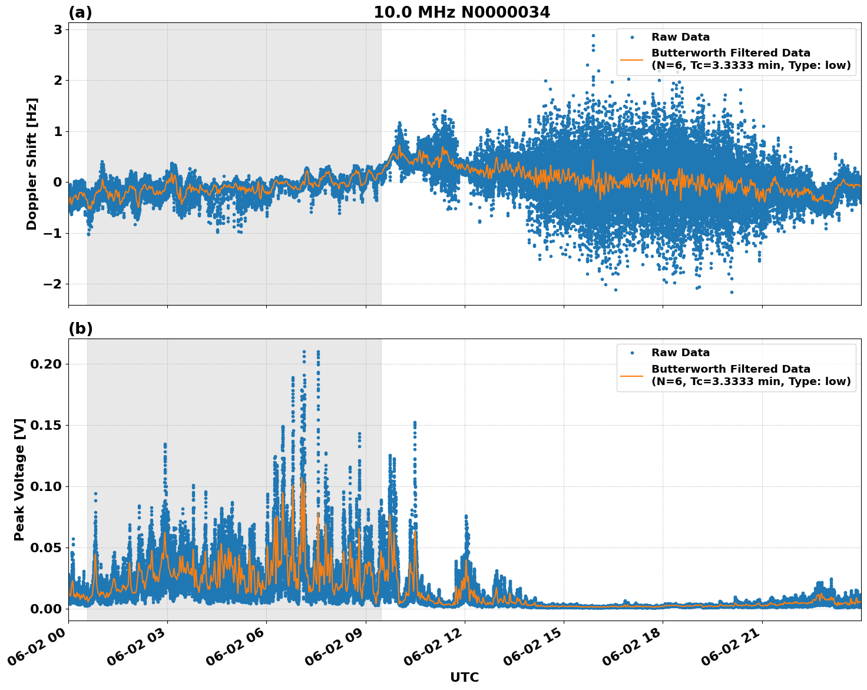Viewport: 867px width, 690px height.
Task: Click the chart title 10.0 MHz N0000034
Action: pos(461,12)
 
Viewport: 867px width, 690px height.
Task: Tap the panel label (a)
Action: pos(80,12)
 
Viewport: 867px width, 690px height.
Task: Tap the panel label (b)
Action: pos(80,329)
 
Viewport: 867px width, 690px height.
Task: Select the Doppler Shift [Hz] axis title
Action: pos(32,164)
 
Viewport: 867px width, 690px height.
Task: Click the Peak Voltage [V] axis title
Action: pos(19,480)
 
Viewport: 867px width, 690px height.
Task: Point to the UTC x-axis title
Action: pos(464,677)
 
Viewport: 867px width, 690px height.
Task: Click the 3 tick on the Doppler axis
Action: pos(58,30)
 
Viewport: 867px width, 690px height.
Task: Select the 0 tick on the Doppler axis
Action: pos(58,183)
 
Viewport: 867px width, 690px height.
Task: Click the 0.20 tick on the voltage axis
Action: pos(45,364)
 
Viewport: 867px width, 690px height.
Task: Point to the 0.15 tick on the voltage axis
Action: pos(45,426)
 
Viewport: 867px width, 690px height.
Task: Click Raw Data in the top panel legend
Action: pos(680,38)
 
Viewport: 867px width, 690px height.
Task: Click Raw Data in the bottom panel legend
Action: pos(680,353)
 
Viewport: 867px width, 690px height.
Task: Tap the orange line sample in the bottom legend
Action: pos(632,375)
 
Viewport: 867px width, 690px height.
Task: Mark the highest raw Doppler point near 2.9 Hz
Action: pos(593,35)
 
